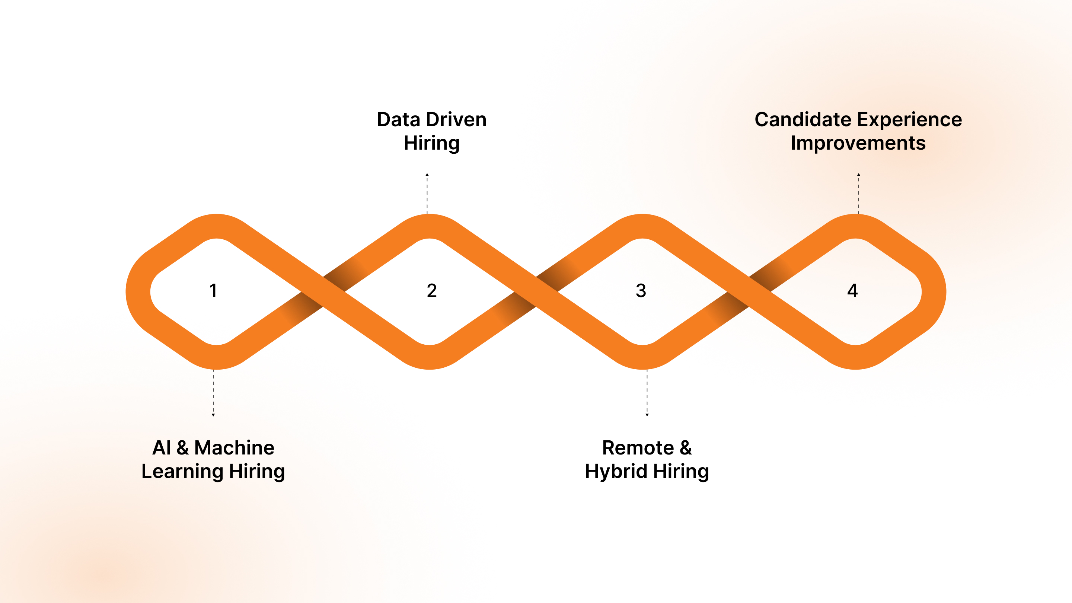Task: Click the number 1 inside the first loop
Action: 213,290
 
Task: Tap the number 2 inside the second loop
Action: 431,290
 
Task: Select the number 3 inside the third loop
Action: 641,290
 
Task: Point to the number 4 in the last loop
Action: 852,290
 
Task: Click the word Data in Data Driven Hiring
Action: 398,120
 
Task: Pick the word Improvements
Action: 858,144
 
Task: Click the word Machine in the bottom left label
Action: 234,448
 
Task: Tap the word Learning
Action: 182,472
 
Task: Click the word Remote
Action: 638,448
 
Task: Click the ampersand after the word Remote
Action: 686,448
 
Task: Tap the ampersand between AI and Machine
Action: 183,448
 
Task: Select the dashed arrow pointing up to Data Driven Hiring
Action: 427,194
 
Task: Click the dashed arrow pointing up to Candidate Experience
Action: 858,194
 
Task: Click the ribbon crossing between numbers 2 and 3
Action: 536,292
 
